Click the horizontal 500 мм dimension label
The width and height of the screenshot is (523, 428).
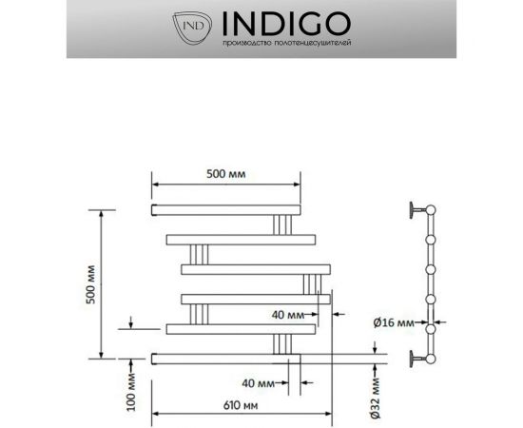[227, 175]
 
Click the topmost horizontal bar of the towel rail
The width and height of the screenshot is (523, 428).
[226, 206]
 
